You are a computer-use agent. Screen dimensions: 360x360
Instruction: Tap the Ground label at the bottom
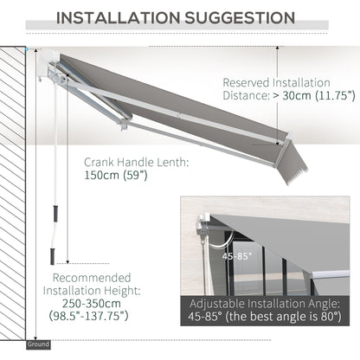pos(38,344)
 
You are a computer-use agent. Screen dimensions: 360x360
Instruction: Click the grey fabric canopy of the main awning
pos(173,95)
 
